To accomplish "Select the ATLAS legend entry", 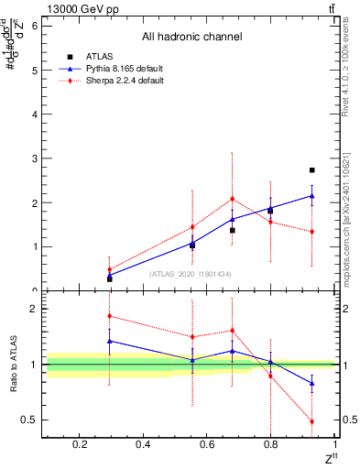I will click(101, 56).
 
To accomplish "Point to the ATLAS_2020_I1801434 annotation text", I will click(191, 274).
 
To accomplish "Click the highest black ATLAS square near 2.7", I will click(312, 170).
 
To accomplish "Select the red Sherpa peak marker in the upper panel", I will click(233, 199).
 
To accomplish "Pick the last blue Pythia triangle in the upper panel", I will click(312, 195).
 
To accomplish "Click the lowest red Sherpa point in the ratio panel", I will click(312, 421).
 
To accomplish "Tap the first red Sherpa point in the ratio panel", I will click(110, 316).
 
